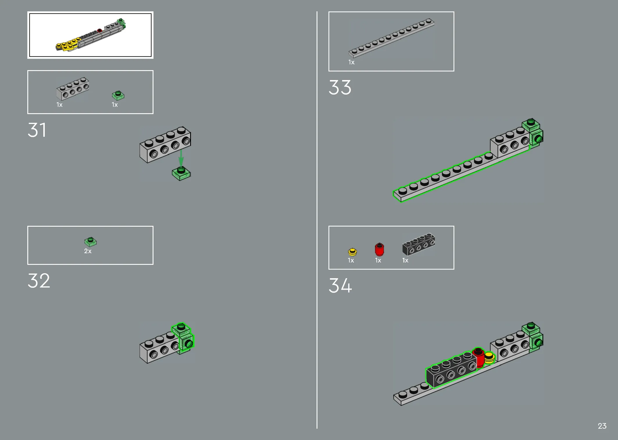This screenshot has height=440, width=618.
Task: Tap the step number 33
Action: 340,87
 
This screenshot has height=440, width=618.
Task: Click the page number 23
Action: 602,426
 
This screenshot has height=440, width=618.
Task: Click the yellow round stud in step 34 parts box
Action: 352,251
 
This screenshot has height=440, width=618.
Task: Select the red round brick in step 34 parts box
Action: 379,249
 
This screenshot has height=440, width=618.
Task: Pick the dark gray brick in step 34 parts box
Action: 419,244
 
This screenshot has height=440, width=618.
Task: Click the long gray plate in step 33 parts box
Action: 392,38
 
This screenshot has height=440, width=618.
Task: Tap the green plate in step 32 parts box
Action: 90,242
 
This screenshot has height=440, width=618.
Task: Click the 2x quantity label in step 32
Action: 88,251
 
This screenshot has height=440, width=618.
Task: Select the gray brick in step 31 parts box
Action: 73,88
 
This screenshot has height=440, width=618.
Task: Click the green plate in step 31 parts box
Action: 118,95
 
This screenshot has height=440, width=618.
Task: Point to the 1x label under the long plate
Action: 351,62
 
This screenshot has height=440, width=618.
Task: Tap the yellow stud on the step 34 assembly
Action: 490,358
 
